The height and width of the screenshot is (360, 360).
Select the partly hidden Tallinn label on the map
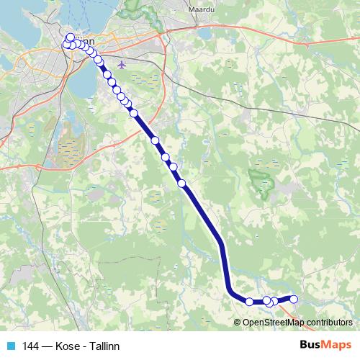(85, 42)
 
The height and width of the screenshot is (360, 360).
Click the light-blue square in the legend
(11, 346)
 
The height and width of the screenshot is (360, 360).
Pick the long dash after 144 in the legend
(48, 346)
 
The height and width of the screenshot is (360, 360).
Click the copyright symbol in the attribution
(238, 322)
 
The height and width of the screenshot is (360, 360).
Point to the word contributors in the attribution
(327, 322)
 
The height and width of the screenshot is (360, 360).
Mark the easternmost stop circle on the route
(293, 299)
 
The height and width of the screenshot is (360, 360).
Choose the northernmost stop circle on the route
(70, 37)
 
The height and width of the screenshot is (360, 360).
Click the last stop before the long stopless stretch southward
(181, 183)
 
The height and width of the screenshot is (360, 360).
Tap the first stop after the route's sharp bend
(249, 302)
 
